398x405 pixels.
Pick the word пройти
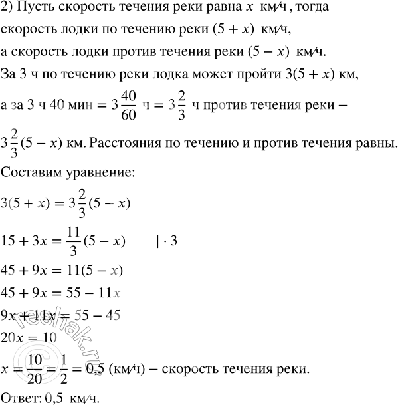pos(235,77)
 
